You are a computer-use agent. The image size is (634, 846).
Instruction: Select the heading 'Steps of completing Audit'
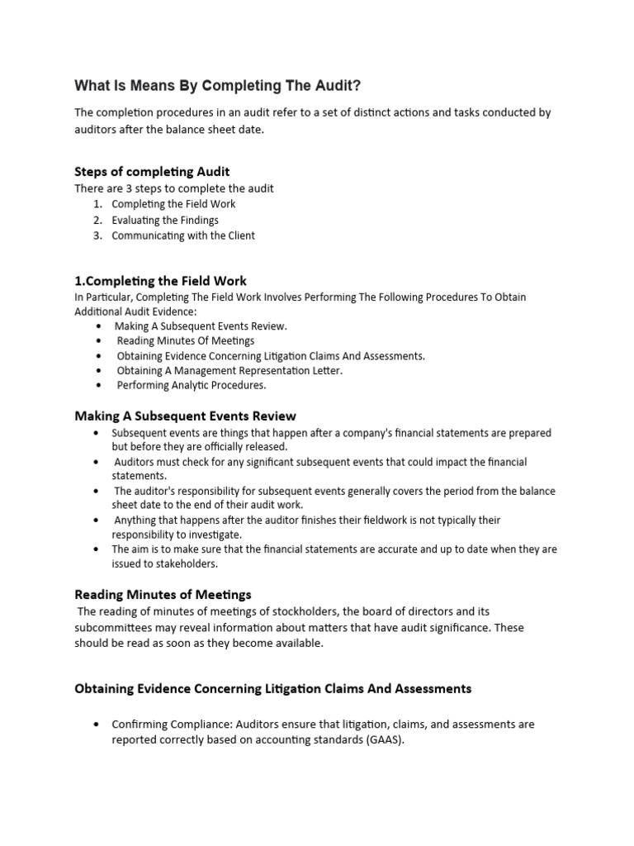point(152,172)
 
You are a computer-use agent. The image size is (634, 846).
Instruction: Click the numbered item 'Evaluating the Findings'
point(165,220)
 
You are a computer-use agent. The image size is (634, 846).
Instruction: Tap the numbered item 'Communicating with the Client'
point(183,235)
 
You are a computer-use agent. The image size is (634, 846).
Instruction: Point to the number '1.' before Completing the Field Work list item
point(97,204)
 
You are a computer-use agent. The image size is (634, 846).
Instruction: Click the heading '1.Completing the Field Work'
point(160,281)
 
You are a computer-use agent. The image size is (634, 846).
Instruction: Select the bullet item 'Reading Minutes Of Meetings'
point(185,340)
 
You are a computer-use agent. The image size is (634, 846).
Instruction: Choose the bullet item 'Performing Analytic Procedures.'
point(192,385)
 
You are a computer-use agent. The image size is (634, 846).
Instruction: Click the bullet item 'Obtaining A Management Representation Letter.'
point(229,370)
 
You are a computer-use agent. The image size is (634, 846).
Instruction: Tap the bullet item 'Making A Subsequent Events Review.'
point(201,326)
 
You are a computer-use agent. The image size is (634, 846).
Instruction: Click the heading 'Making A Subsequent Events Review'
point(185,416)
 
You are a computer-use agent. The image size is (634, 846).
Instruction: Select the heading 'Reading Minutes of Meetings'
point(163,594)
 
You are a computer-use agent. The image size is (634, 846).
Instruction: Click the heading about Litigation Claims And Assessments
point(272,688)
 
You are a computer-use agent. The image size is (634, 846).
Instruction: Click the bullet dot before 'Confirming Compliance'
point(99,725)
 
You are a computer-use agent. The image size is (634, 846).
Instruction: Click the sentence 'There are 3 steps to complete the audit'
point(174,188)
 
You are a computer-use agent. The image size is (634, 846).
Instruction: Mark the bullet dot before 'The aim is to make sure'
point(99,549)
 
